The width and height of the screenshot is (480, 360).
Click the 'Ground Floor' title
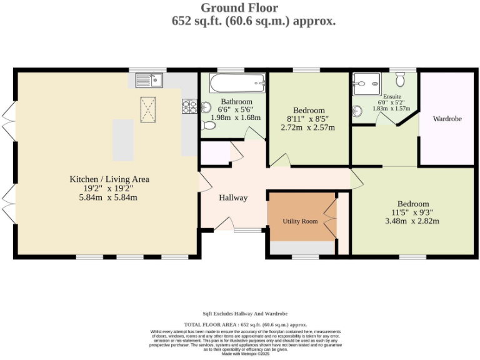239,7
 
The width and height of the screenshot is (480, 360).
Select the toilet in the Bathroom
208,124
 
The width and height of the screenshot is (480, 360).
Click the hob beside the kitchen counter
188,106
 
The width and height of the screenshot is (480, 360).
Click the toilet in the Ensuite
401,80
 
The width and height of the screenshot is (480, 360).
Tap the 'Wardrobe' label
447,118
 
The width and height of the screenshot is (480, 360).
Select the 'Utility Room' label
300,221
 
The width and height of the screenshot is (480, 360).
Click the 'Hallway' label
233,197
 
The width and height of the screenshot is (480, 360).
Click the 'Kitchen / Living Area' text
109,179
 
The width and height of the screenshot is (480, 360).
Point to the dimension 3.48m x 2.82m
413,221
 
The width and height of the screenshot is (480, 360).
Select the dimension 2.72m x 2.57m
308,127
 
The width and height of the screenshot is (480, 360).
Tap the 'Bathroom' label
236,101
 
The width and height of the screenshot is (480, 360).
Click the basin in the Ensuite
357,112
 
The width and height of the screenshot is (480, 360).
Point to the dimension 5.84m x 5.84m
109,197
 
